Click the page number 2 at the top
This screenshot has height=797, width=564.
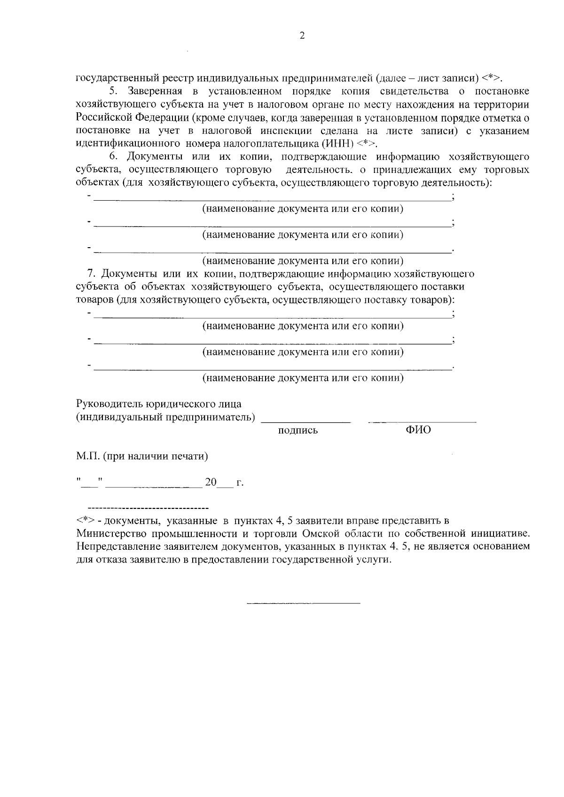click(x=302, y=36)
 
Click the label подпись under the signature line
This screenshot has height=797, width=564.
click(x=298, y=430)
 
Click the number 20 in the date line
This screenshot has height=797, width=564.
click(x=211, y=482)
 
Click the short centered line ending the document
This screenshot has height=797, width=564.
click(x=303, y=602)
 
